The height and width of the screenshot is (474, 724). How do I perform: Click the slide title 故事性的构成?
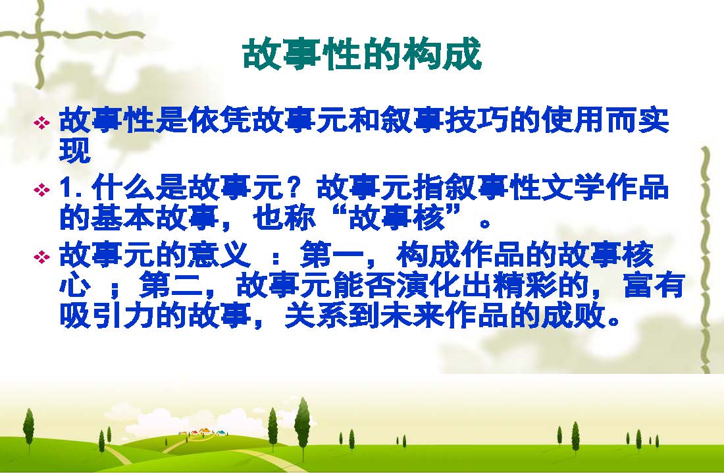coord(362,55)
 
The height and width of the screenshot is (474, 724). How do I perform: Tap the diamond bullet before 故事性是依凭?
coord(42,123)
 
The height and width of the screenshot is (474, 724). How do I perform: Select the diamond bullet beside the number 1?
coord(42,190)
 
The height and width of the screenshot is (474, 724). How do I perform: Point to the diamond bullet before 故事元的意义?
coord(42,257)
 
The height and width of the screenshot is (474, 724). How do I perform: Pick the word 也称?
coord(284,218)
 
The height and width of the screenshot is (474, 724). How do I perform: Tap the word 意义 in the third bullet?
coord(220,255)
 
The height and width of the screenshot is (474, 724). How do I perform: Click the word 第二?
coord(171,285)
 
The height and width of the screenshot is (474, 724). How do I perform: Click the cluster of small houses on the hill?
coord(203,433)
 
